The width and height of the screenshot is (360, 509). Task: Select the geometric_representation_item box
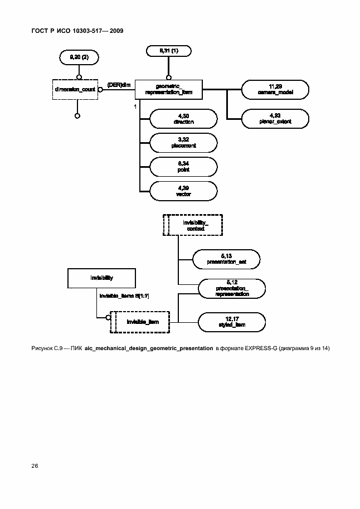[x=168, y=89]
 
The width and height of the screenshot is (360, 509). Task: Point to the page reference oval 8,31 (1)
[x=168, y=51]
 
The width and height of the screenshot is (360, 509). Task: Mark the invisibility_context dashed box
[x=192, y=225]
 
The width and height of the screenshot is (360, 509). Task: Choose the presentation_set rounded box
[x=227, y=258]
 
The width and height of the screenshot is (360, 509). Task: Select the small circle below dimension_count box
[x=77, y=116]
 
